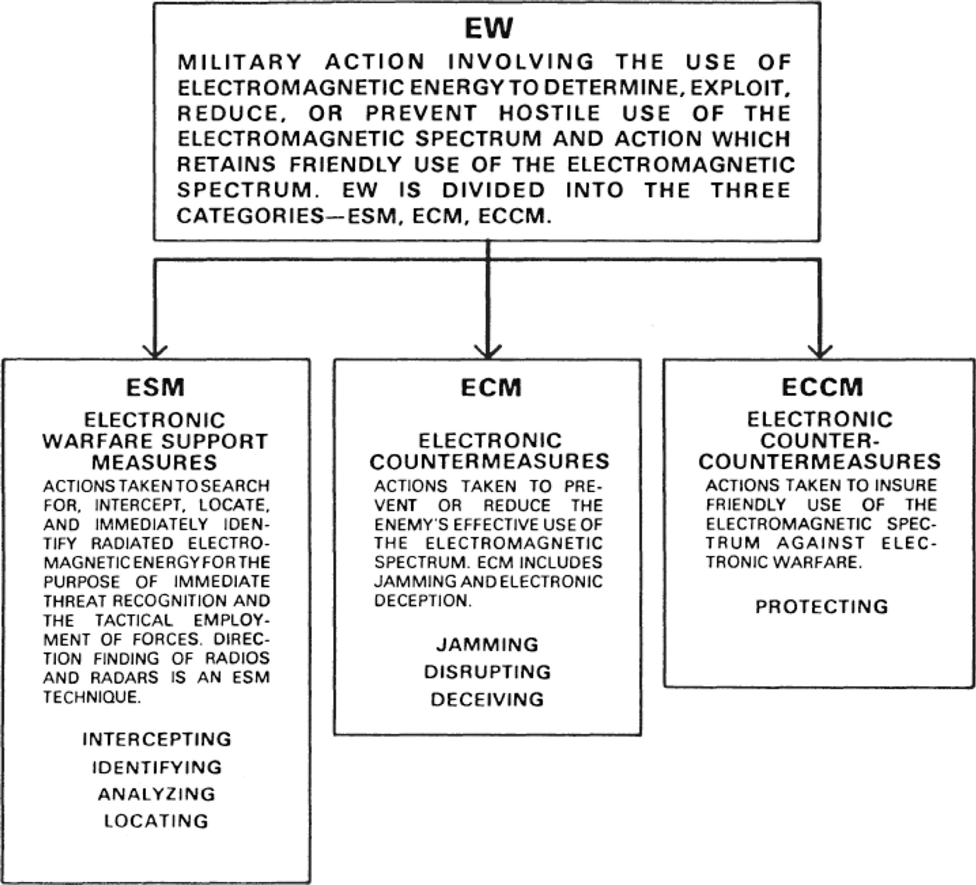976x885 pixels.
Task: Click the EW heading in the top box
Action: pos(488,29)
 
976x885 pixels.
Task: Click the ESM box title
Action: pos(156,387)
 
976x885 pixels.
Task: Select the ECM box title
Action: pos(491,387)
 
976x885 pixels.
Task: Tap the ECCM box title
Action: pos(822,387)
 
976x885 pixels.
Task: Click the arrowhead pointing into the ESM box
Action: pos(155,351)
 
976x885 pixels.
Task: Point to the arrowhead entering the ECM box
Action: pos(488,351)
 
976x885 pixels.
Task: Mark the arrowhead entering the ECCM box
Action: pos(820,351)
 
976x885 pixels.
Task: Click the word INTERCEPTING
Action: pos(157,739)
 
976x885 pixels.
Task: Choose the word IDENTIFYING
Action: pos(157,767)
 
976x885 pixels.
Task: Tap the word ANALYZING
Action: pos(157,794)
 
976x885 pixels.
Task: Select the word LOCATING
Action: pos(157,821)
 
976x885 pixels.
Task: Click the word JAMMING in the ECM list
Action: pos(487,645)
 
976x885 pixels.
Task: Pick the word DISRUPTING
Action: pos(487,672)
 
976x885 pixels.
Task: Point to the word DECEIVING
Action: pos(487,700)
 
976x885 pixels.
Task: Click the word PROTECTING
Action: pos(822,607)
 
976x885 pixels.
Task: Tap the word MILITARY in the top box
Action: pos(240,62)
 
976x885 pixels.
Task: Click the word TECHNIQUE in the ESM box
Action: pos(91,698)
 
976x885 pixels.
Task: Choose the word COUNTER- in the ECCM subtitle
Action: pos(820,440)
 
